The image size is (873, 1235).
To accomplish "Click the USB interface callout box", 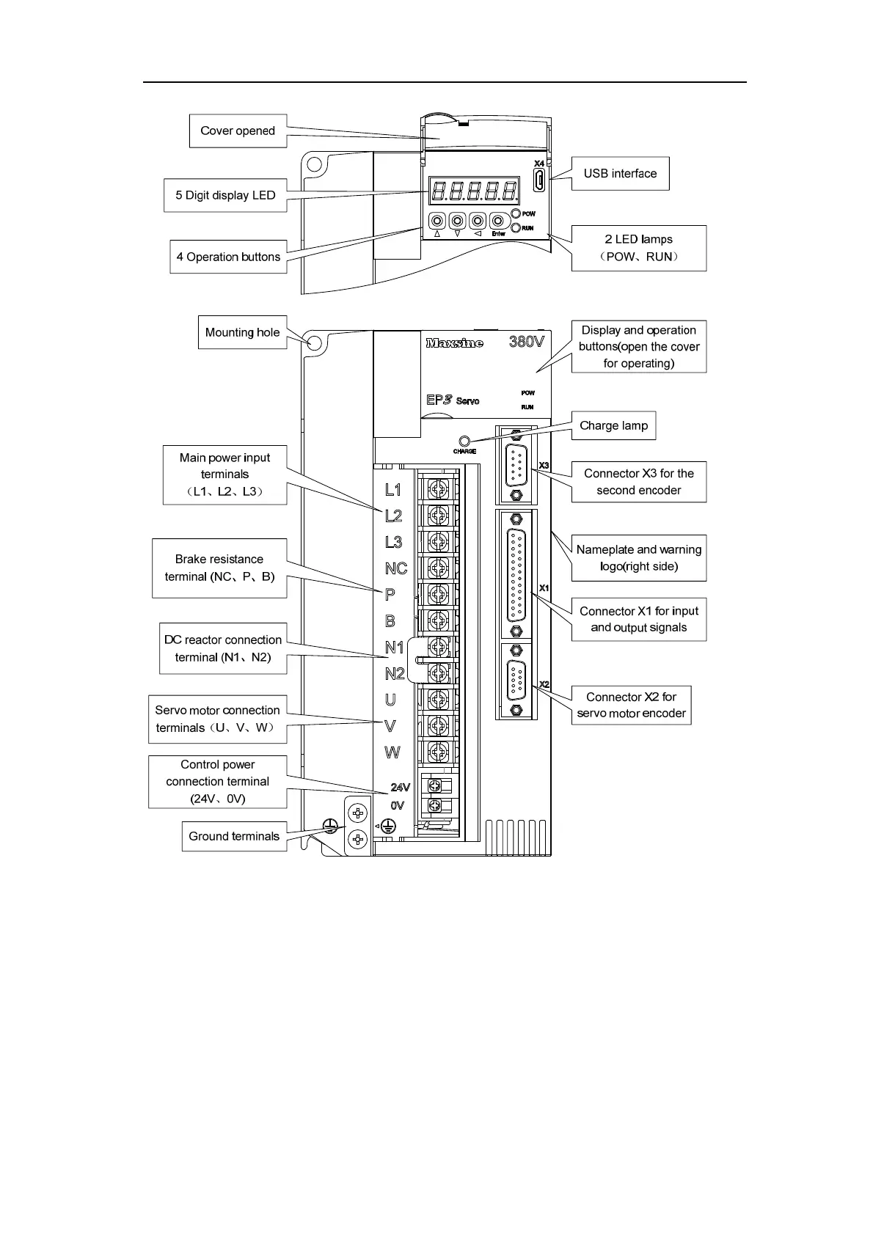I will [x=620, y=174].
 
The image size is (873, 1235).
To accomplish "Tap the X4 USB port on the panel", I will [x=538, y=180].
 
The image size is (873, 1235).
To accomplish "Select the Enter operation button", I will [x=498, y=221].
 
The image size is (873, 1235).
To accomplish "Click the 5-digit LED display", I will [x=475, y=192].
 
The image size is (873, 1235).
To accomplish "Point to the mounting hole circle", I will [x=315, y=342].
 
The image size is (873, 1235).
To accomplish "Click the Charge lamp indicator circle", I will [x=464, y=441].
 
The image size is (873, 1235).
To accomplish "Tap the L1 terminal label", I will [x=393, y=489].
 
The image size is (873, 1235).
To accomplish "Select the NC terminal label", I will [x=396, y=568].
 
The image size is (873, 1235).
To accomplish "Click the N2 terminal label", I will [x=395, y=673].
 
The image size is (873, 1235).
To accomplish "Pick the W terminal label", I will [x=392, y=752].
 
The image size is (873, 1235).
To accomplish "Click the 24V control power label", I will [x=400, y=787].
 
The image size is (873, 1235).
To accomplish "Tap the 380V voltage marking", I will [x=526, y=342].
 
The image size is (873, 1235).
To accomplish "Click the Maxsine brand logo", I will [x=454, y=342].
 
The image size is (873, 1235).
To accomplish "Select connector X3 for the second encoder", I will [x=516, y=465].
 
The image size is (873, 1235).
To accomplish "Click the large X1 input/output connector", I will [x=516, y=574].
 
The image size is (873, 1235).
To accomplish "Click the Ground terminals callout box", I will [x=234, y=836].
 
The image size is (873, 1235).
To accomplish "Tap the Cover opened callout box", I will [x=238, y=131].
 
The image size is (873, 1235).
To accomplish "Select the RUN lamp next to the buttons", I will [x=516, y=228].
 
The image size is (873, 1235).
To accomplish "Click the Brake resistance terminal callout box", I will [x=219, y=568].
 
